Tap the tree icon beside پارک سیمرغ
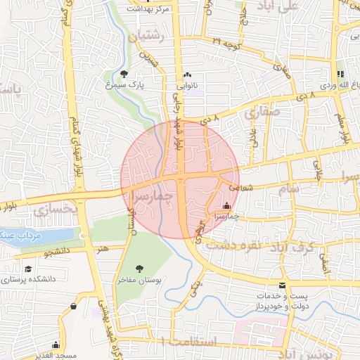pos(124,73)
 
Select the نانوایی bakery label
pos(187,85)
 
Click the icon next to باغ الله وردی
pos(340,74)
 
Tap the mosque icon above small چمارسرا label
pos(226,207)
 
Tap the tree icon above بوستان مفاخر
pos(139,268)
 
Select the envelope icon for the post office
pos(283,285)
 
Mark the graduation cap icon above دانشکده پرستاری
pos(28,269)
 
